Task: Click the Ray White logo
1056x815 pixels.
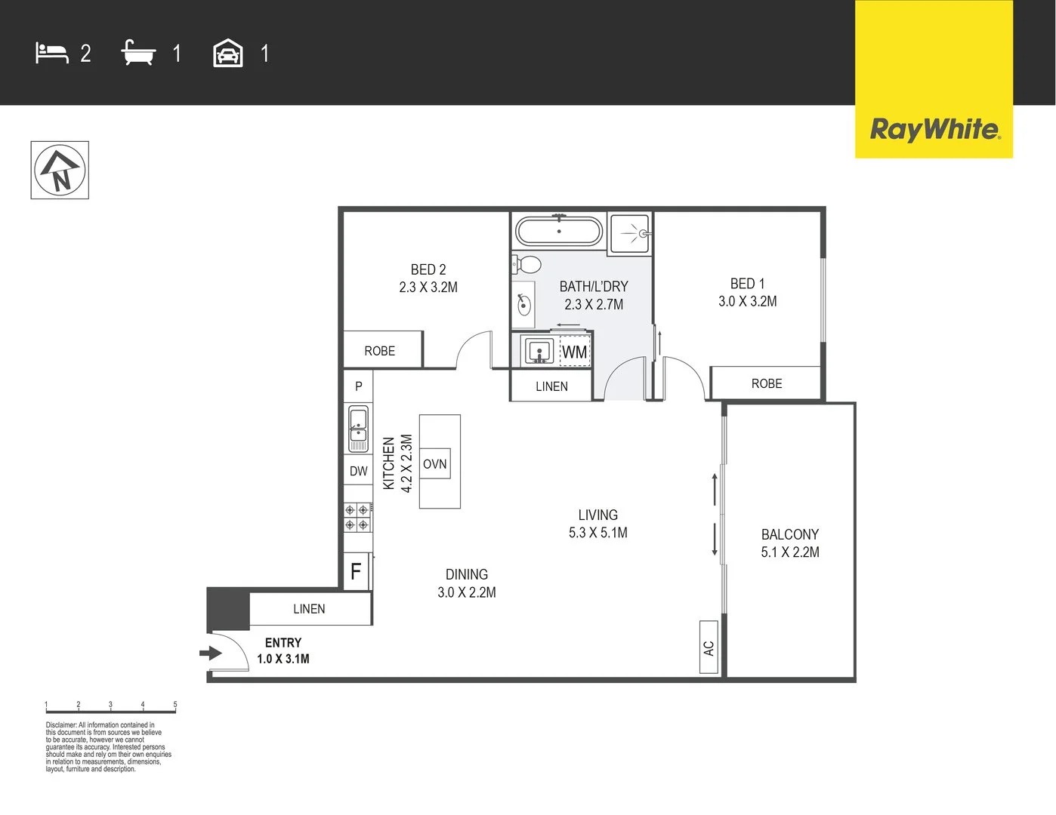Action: [x=934, y=129]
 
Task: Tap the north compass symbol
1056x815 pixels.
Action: [x=60, y=171]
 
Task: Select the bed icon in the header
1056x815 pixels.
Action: [x=51, y=53]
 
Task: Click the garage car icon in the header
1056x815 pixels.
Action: [x=228, y=54]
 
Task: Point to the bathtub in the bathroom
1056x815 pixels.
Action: [x=558, y=231]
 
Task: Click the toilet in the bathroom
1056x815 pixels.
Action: [x=527, y=264]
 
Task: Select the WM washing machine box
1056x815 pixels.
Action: [x=574, y=352]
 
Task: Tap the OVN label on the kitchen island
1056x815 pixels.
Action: [x=434, y=464]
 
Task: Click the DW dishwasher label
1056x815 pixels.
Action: [x=358, y=471]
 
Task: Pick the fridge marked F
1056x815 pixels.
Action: [x=357, y=571]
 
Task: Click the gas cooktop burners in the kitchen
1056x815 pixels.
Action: [x=357, y=517]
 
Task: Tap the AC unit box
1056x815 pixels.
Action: [x=709, y=647]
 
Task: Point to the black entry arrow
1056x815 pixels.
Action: [x=209, y=653]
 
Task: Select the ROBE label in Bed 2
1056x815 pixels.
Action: [x=380, y=351]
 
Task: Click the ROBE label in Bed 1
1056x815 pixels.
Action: [x=767, y=383]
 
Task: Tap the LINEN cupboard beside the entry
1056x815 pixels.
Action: [x=310, y=609]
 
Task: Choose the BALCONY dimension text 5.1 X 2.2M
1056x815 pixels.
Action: [x=790, y=552]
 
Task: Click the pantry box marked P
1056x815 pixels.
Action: [x=358, y=386]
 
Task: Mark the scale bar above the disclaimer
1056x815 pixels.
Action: [x=110, y=709]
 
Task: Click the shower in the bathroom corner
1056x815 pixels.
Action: [x=630, y=233]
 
